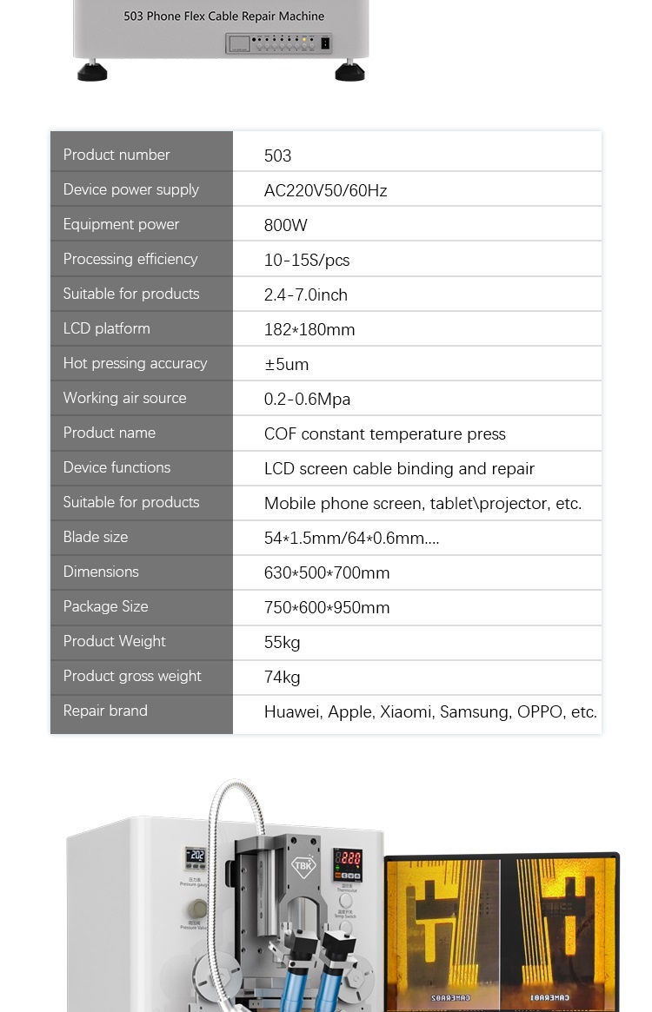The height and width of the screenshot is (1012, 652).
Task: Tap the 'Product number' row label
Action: pos(116,155)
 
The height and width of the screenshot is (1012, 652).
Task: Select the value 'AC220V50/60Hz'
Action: pos(325,190)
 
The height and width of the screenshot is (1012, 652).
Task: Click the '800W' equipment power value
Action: pos(286,225)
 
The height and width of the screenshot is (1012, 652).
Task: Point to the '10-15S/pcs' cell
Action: pos(307,260)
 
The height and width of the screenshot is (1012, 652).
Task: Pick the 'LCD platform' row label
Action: pos(106,328)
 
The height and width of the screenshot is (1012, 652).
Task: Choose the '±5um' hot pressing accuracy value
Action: pos(286,364)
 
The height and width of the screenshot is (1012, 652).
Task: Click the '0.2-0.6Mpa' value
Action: pos(307,399)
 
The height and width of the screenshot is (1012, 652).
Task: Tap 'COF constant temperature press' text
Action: pos(384,433)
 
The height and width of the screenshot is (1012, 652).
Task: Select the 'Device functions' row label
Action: pos(116,467)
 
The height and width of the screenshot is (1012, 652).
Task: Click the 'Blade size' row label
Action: pos(96,537)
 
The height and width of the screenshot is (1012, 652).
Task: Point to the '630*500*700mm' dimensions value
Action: pos(327,572)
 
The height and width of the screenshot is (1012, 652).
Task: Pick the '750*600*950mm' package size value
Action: pos(327,607)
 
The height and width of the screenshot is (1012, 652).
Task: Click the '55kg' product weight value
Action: pos(282,642)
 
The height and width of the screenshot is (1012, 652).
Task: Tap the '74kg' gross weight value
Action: pos(282,677)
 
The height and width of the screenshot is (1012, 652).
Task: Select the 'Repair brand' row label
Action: pos(105,711)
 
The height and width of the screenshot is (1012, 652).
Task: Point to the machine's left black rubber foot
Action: pos(92,72)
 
